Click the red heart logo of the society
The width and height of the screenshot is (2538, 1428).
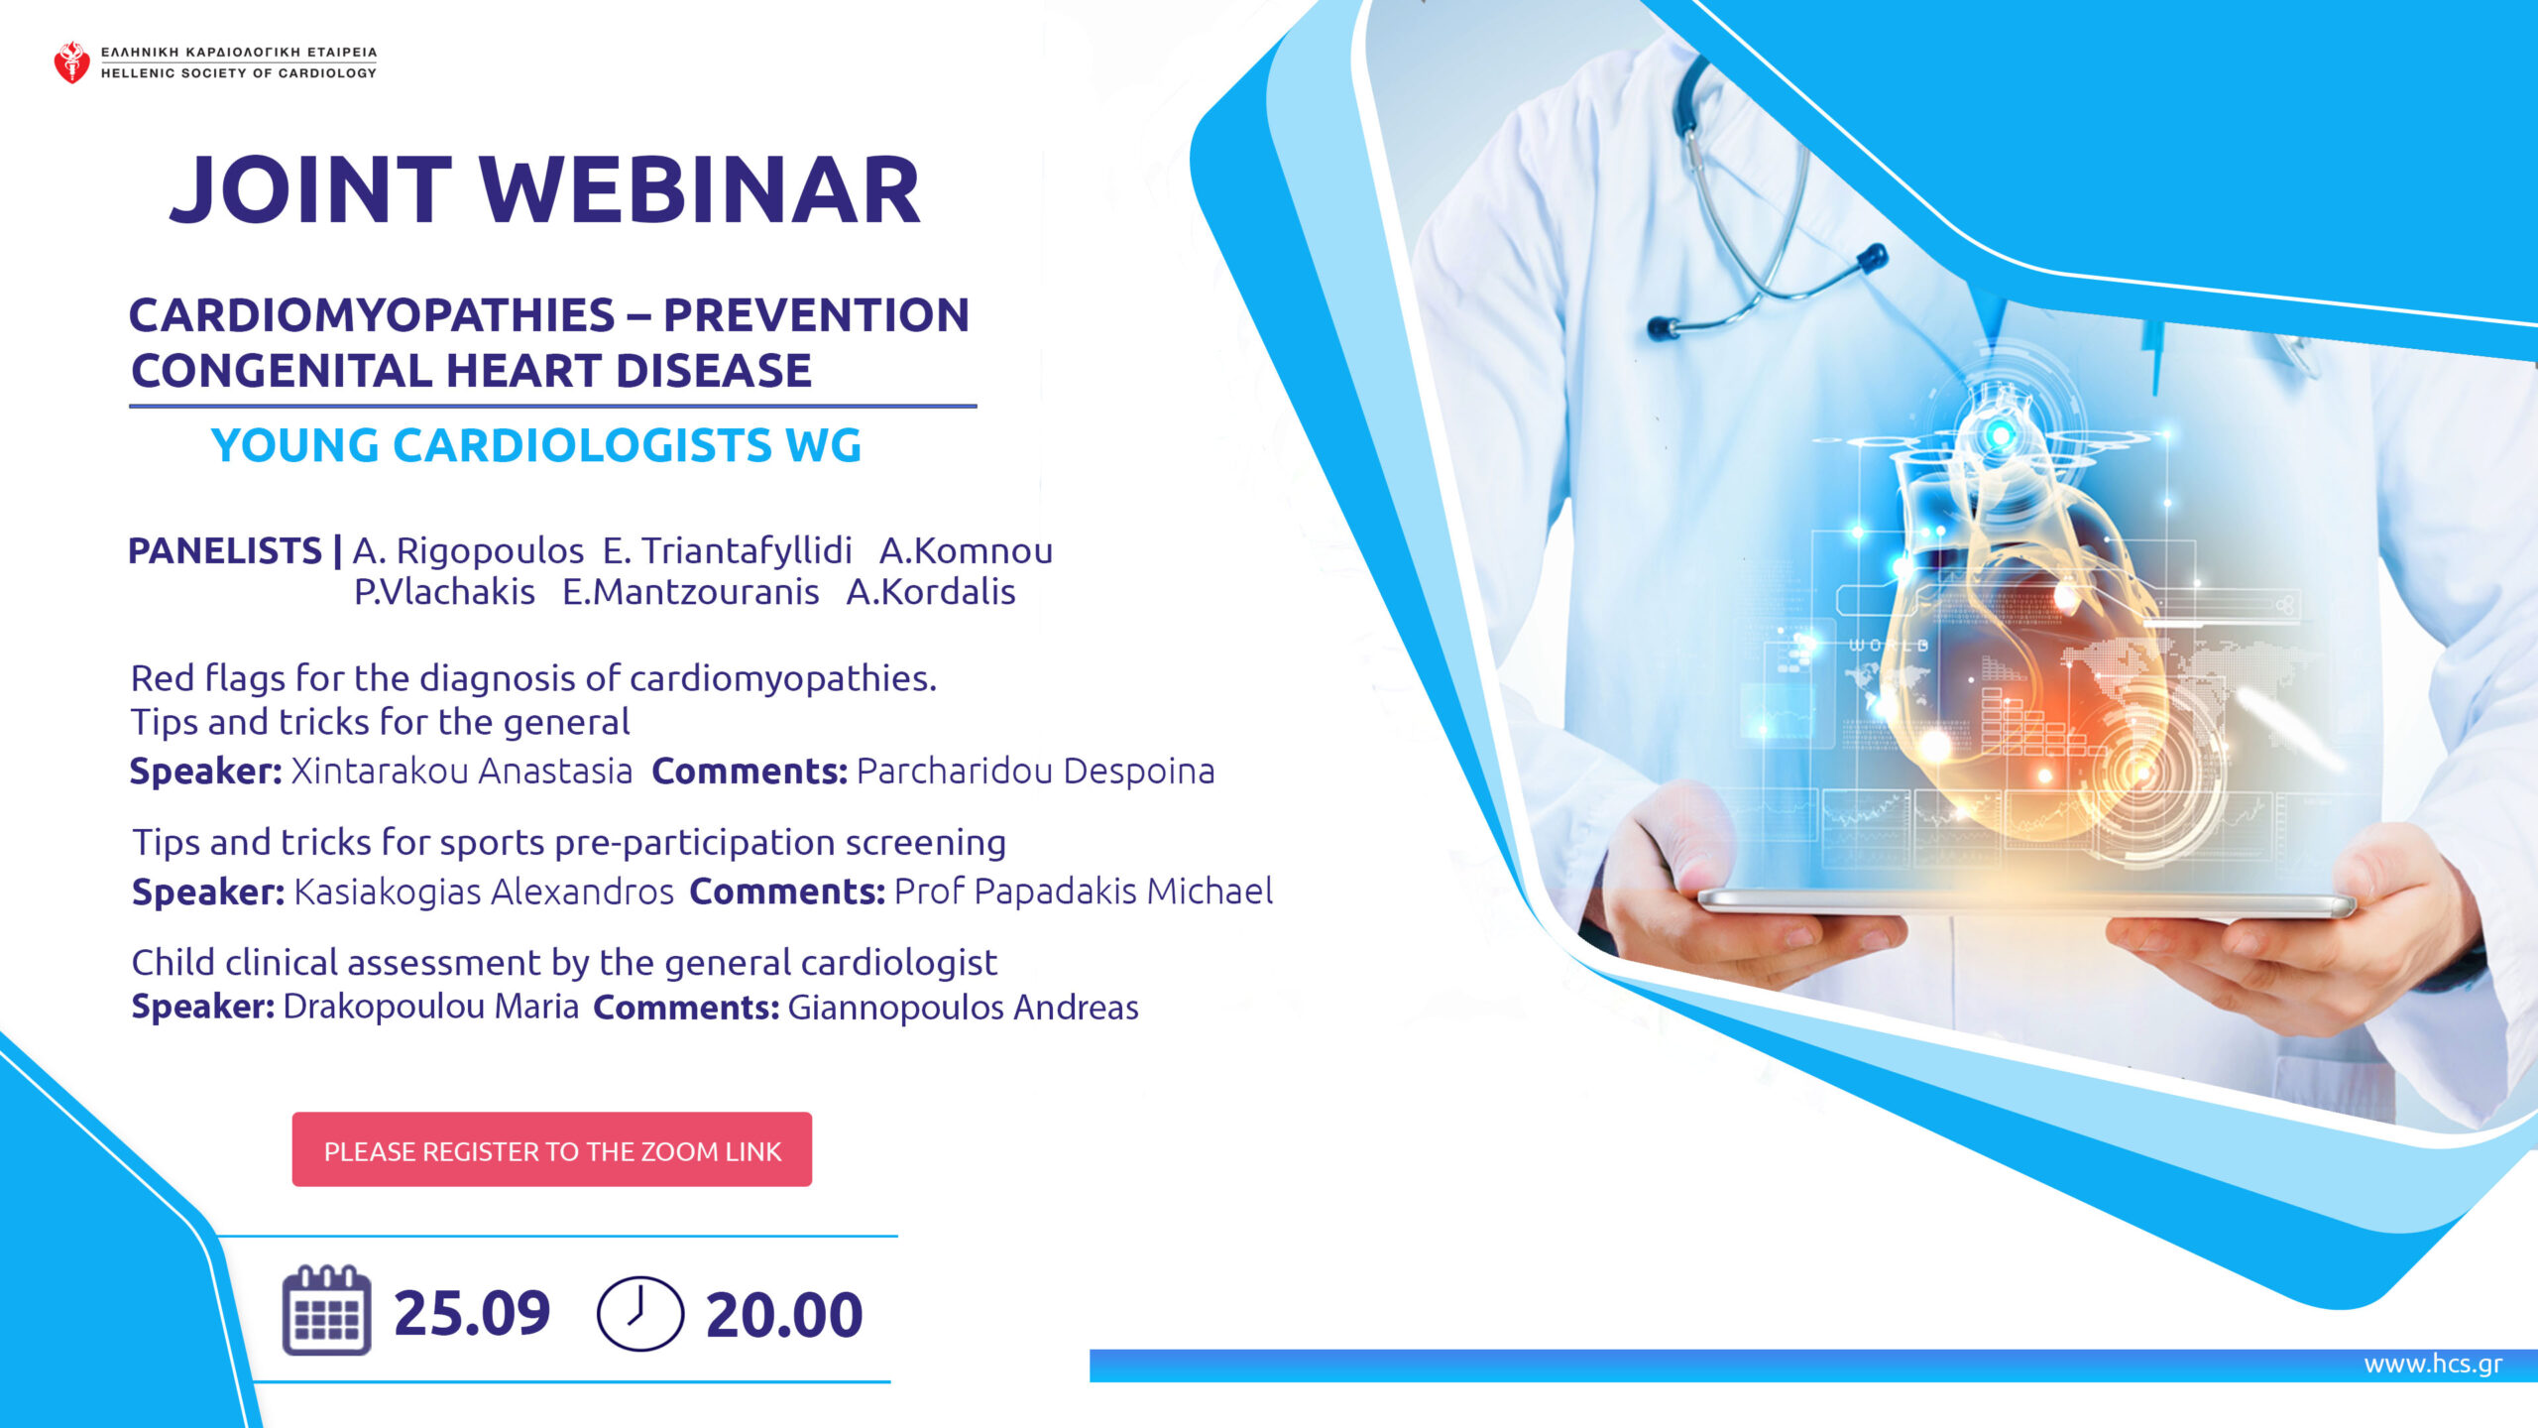71,62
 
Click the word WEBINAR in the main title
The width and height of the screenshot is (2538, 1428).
701,189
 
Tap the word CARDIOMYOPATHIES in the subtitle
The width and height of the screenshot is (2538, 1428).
372,315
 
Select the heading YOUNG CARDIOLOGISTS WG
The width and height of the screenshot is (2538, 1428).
536,445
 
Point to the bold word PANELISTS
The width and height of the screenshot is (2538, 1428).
225,550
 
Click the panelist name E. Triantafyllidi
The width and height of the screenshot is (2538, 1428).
728,550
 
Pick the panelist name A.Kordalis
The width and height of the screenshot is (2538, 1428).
931,592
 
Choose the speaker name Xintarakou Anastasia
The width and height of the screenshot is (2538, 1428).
461,771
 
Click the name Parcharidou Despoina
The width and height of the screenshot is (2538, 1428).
1035,771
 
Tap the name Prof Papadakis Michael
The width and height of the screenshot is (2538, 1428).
1084,892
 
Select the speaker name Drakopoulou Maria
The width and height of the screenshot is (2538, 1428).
431,1007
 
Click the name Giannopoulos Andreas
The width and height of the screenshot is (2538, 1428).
963,1008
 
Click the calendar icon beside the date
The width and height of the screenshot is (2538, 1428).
327,1310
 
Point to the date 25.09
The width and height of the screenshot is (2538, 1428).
472,1314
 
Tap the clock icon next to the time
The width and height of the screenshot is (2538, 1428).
640,1313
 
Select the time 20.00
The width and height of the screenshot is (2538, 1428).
784,1315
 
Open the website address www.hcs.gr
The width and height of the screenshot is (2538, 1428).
2433,1364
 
